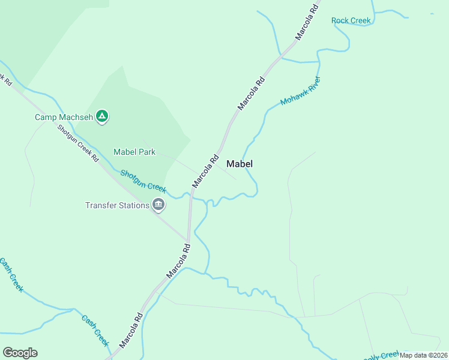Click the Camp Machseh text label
coord(63,117)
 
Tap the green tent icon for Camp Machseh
coord(102,116)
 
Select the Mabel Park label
coord(134,152)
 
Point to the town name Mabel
coord(240,163)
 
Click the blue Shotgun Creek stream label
coord(143,181)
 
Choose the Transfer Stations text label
coord(117,205)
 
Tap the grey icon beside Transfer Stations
coord(158,205)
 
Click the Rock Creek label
coord(351,20)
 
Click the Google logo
coord(20,353)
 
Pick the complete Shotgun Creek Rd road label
coord(79,143)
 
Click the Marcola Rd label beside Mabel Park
coord(205,172)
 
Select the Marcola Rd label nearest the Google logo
coord(131,331)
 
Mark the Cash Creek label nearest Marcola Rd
coord(95,331)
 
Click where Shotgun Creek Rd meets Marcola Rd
coord(187,239)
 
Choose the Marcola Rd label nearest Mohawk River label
coord(251,93)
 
